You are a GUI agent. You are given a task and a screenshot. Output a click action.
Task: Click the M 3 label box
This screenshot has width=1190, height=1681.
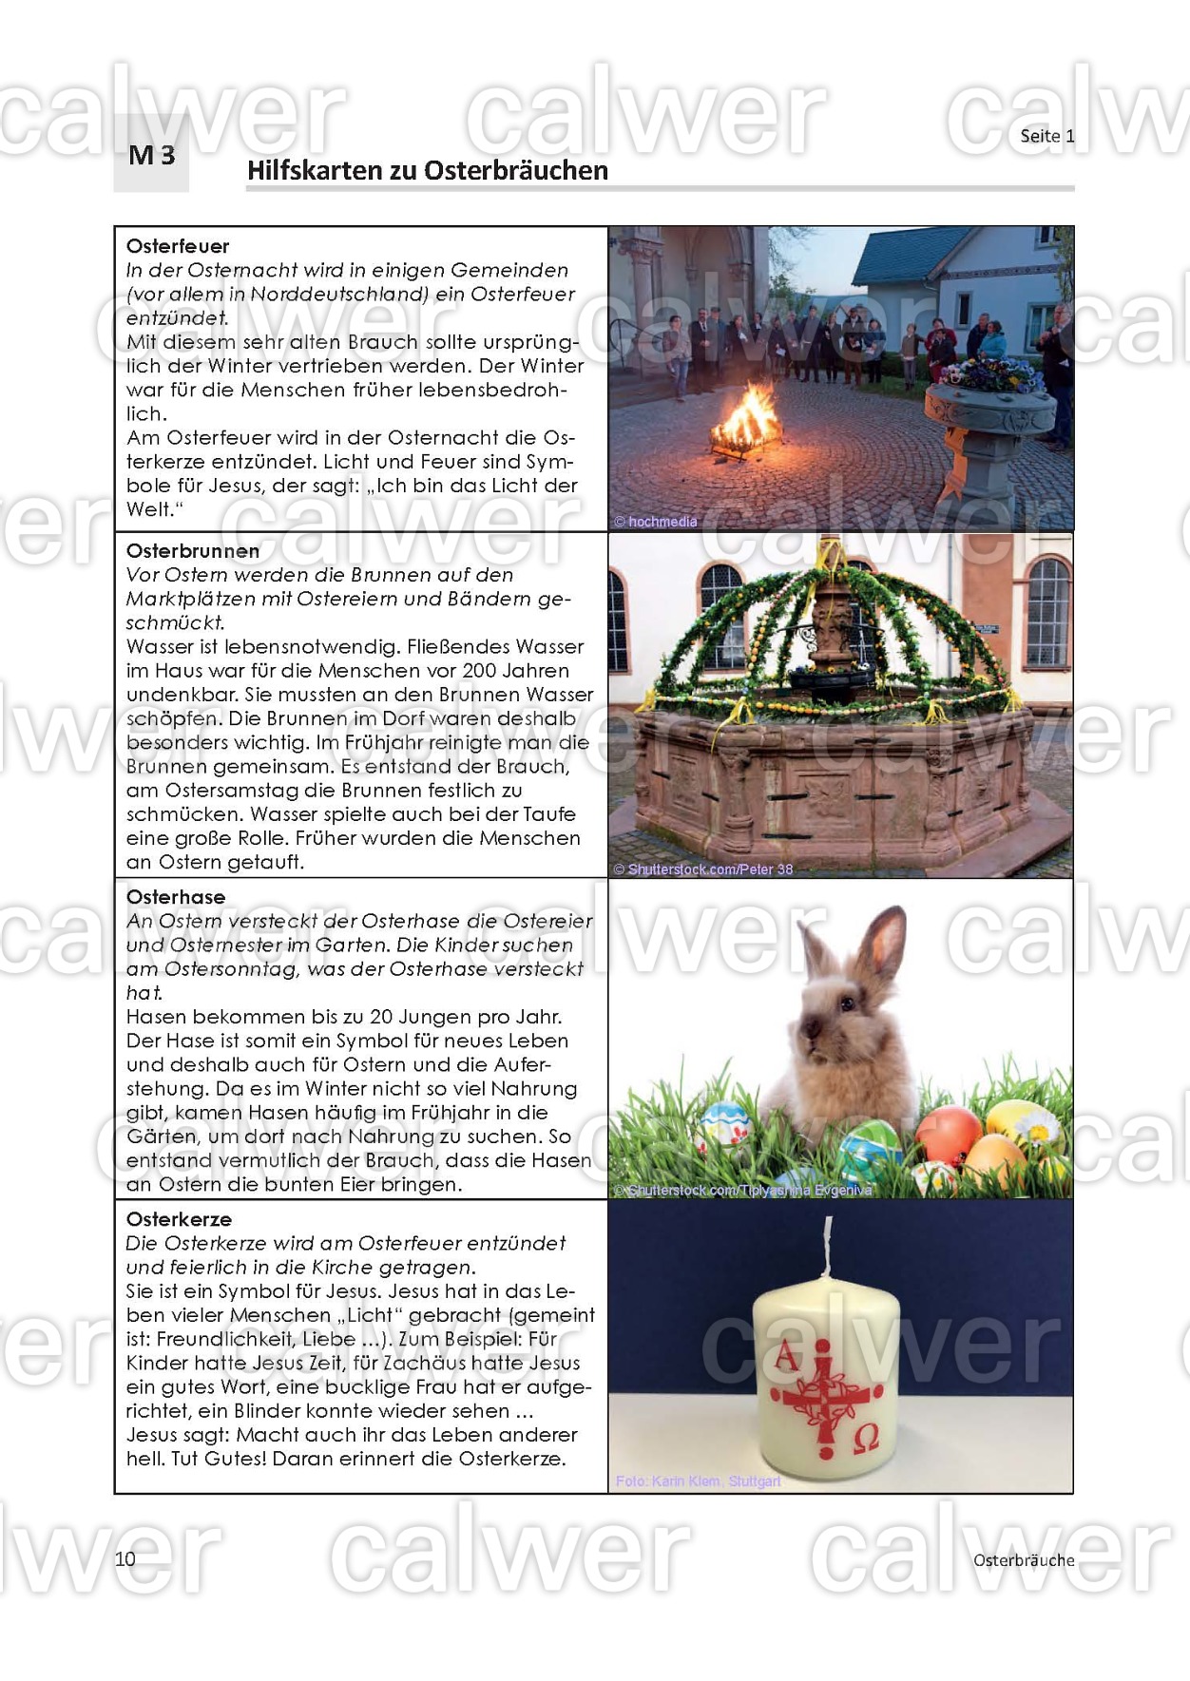(x=152, y=155)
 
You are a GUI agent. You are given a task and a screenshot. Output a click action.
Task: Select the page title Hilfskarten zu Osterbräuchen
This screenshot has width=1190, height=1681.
(x=427, y=171)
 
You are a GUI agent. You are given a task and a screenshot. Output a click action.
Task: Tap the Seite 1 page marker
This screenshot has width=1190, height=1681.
(x=1046, y=136)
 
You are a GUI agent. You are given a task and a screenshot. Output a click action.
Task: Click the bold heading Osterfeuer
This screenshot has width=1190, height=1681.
(x=178, y=246)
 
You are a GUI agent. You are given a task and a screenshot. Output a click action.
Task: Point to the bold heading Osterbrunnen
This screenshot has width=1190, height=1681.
(x=193, y=551)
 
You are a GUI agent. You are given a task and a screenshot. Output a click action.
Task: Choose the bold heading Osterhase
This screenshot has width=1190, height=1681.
(x=176, y=897)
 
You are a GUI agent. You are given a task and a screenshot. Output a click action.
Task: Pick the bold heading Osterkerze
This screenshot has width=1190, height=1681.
(x=179, y=1219)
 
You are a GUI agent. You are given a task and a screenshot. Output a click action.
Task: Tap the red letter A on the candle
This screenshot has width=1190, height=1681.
(x=786, y=1356)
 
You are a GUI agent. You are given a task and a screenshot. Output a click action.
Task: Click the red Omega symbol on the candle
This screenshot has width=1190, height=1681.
(x=866, y=1440)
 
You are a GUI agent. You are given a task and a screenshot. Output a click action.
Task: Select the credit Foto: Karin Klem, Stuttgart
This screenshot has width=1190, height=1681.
(x=698, y=1480)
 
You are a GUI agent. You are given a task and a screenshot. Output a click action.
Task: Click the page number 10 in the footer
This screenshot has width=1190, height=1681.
(x=125, y=1558)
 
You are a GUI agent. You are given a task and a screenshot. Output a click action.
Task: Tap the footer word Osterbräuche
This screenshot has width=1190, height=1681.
(x=1023, y=1559)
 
